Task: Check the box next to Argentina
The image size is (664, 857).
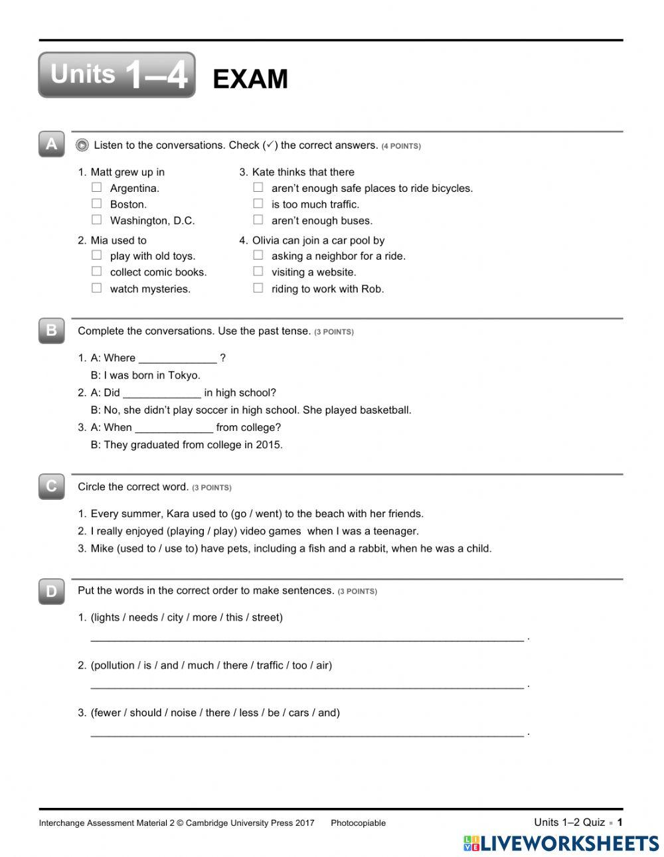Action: pos(97,188)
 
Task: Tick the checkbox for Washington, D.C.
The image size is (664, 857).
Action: pos(97,220)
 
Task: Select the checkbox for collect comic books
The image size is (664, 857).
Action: pos(97,272)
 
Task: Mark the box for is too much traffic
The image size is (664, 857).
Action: pos(258,204)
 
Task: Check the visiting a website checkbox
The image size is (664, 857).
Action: pos(258,272)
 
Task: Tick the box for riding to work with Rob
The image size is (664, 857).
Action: pos(258,288)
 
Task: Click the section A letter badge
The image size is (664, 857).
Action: pos(52,144)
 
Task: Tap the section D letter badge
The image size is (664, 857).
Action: pos(52,591)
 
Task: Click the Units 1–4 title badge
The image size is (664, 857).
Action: pos(117,75)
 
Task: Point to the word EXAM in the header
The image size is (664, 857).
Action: pos(250,79)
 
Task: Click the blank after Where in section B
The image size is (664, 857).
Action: pos(177,359)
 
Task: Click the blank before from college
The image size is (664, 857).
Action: pos(173,429)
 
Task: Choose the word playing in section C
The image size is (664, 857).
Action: pos(188,531)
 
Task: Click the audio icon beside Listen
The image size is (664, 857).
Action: pos(82,145)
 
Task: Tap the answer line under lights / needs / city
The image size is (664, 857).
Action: pos(306,639)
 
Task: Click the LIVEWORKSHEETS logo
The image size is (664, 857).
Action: pos(561,843)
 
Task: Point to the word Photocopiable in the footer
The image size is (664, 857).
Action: pos(358,823)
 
